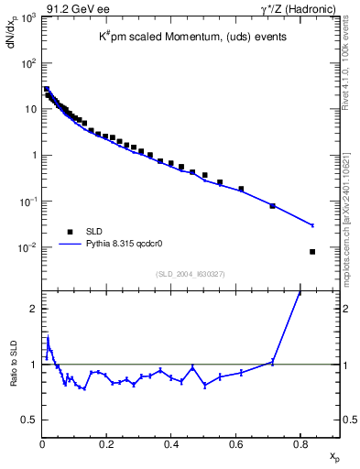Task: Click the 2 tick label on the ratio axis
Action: tap(33, 308)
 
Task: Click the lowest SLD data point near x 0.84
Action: tap(312, 252)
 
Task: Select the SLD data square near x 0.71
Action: tap(272, 206)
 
